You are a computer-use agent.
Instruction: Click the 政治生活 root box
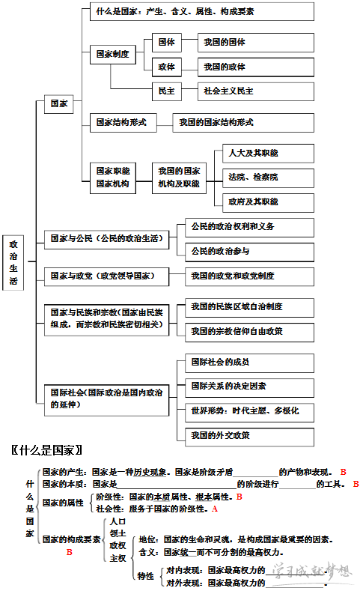[x=13, y=263]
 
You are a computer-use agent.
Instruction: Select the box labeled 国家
[x=58, y=104]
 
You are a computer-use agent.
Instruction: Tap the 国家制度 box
[x=113, y=54]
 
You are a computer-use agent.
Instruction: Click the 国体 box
[x=166, y=42]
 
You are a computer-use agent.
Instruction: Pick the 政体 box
[x=166, y=67]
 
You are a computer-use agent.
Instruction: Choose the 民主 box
[x=166, y=91]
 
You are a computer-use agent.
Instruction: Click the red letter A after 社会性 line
[x=215, y=509]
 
